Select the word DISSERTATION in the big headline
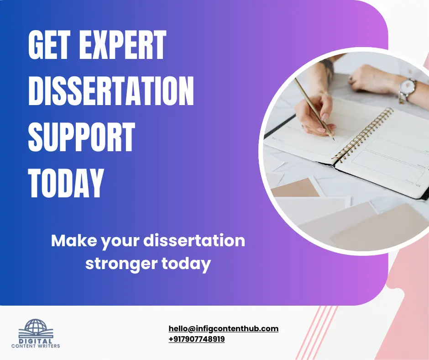point(111,91)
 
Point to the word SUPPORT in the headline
point(82,137)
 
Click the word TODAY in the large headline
point(66,182)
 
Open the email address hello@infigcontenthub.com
point(223,328)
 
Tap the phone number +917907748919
point(196,339)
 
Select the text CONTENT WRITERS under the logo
point(39,346)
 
